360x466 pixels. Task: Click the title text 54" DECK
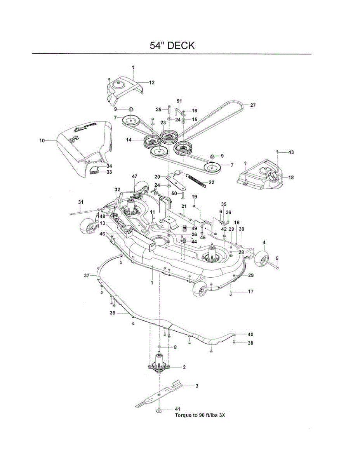(172, 45)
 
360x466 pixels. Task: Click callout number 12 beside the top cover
(151, 82)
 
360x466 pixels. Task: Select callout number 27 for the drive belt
(253, 105)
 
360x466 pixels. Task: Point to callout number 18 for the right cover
(291, 177)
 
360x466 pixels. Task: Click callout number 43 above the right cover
(291, 152)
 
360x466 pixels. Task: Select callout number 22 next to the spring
(212, 182)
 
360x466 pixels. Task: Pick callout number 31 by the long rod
(81, 202)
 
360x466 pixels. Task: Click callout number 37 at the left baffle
(87, 275)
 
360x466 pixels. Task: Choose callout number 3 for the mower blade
(197, 386)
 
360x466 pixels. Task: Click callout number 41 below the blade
(177, 409)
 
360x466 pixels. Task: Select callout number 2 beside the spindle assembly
(184, 367)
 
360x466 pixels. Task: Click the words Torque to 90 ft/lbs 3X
(200, 415)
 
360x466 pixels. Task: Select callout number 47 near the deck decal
(134, 177)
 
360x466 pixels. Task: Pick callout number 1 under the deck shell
(152, 283)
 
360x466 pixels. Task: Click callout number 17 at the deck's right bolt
(250, 291)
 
